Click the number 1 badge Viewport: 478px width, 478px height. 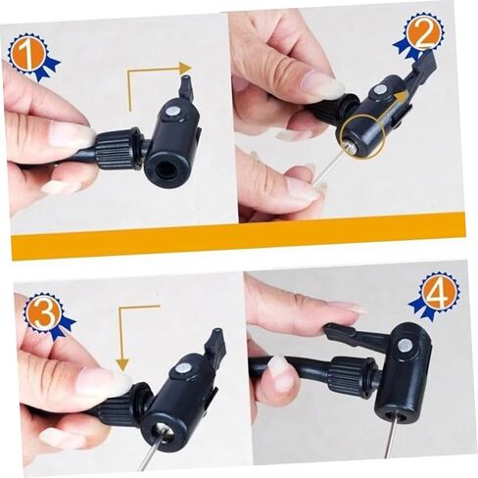(32, 56)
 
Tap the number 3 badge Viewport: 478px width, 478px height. (46, 313)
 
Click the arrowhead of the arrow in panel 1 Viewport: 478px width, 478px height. (185, 69)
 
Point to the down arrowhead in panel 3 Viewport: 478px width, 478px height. (122, 364)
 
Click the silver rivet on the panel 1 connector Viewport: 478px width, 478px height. (171, 112)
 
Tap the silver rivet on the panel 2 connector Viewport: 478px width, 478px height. (379, 90)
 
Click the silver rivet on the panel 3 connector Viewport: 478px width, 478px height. (181, 369)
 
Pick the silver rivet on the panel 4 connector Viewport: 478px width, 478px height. (405, 345)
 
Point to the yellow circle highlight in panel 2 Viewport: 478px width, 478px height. (361, 135)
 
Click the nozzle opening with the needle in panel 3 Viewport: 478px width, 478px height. (165, 432)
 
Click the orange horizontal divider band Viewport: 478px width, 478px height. (238, 237)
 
